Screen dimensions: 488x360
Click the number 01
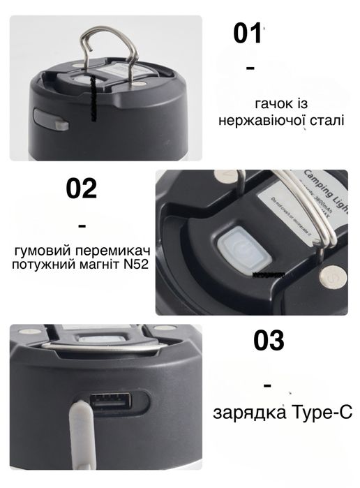tap(247, 33)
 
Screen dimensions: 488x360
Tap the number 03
tap(269, 341)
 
